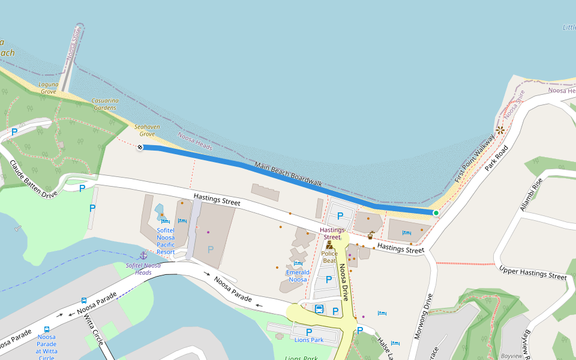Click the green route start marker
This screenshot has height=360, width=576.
[x=436, y=213]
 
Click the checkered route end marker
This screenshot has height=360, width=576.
[x=140, y=147]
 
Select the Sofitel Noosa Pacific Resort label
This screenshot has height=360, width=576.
[x=166, y=241]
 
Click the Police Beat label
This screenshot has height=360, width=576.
[x=329, y=257]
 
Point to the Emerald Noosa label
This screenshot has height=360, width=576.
[x=298, y=276]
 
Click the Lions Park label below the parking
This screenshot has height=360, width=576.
[x=309, y=340]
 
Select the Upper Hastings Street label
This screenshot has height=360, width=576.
[x=533, y=272]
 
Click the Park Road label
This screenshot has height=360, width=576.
[x=496, y=157]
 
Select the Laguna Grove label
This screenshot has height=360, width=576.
[x=48, y=88]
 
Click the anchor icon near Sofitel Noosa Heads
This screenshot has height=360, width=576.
[x=143, y=256]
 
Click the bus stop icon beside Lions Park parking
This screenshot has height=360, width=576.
[x=319, y=310]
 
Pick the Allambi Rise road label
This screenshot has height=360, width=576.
[x=532, y=194]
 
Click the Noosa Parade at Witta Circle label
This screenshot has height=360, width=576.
[x=46, y=347]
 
